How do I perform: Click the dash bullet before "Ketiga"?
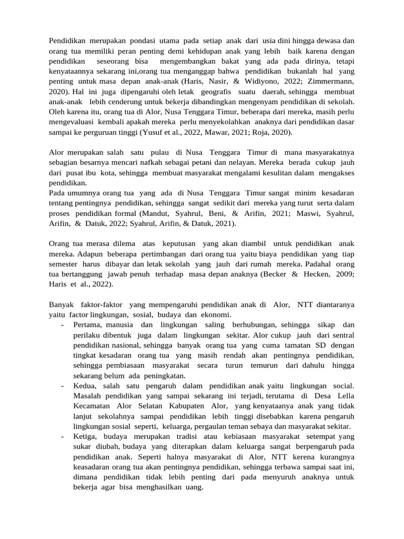tap(63, 437)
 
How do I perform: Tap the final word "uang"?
tap(194, 487)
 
